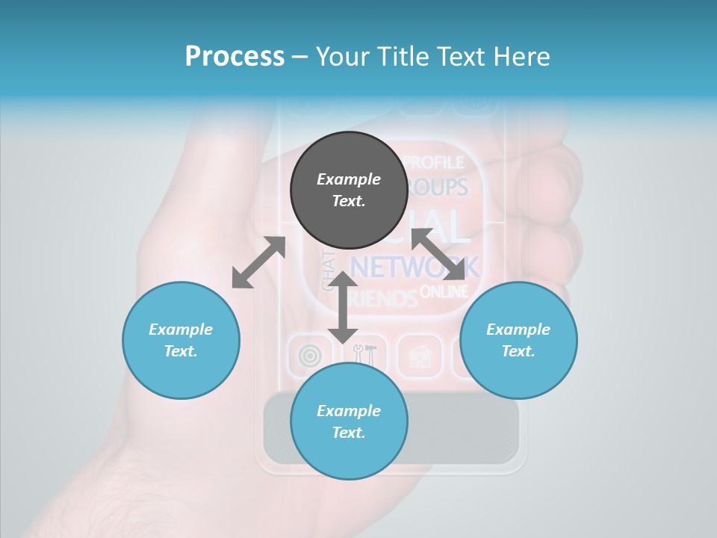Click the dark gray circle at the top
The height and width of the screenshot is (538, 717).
pos(349,191)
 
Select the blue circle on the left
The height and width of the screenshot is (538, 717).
pos(181,340)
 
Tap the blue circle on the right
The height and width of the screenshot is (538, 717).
pos(518,340)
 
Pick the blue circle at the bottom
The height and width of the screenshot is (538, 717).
pos(349,421)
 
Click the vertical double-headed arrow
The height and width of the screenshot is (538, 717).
pos(343,307)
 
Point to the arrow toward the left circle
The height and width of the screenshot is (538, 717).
pos(258,262)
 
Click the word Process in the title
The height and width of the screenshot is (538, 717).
pos(235,56)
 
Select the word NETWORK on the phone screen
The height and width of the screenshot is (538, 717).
pos(415,267)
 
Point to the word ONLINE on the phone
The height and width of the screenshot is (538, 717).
pos(444,291)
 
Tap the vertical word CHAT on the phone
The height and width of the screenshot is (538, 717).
pos(328,270)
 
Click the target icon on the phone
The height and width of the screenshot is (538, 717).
pos(310,356)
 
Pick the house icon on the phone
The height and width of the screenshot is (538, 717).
pos(420,356)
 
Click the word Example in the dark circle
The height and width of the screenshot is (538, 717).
pos(349,179)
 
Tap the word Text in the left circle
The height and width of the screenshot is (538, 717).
pos(181,351)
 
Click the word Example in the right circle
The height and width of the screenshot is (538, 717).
pos(518,330)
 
